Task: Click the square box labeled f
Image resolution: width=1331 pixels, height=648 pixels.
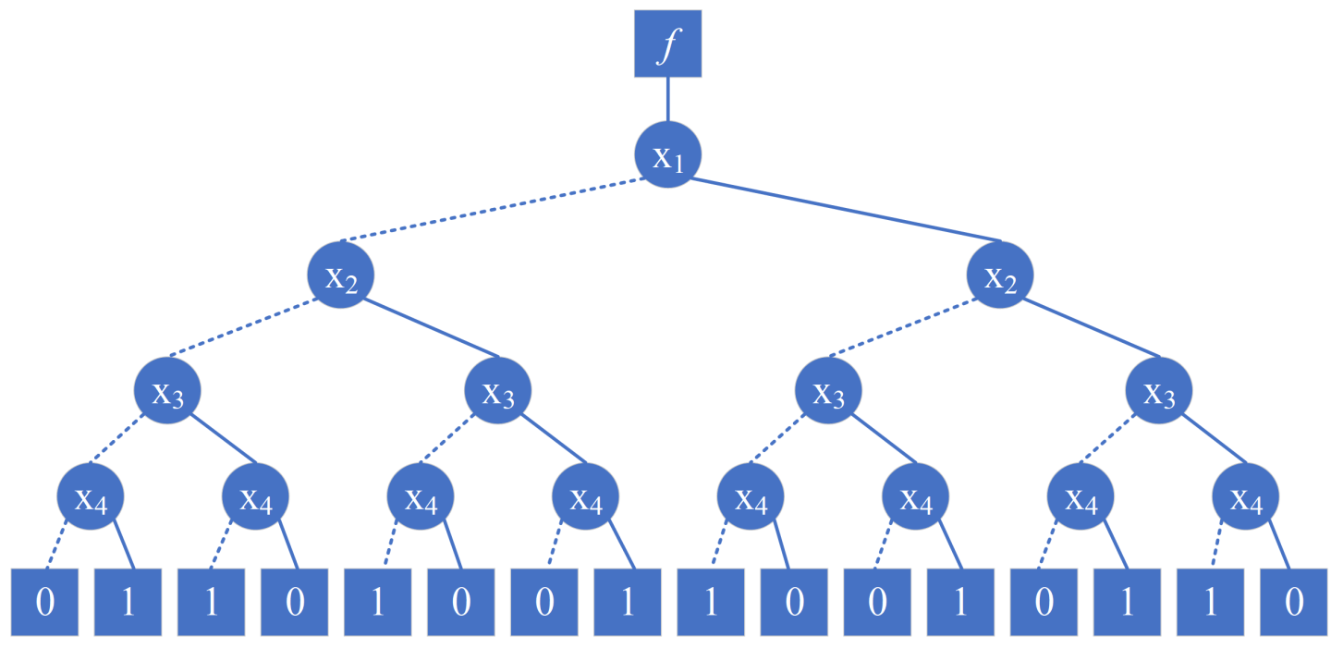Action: point(666,43)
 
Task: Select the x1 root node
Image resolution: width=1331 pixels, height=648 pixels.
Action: point(666,154)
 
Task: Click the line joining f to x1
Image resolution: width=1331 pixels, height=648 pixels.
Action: point(666,99)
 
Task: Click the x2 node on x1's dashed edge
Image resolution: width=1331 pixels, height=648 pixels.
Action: point(341,275)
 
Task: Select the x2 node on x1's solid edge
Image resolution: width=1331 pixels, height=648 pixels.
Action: point(1000,275)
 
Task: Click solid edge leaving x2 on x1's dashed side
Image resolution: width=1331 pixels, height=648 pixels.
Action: point(434,328)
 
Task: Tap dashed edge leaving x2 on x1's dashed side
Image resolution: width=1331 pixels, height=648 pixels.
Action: point(240,328)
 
